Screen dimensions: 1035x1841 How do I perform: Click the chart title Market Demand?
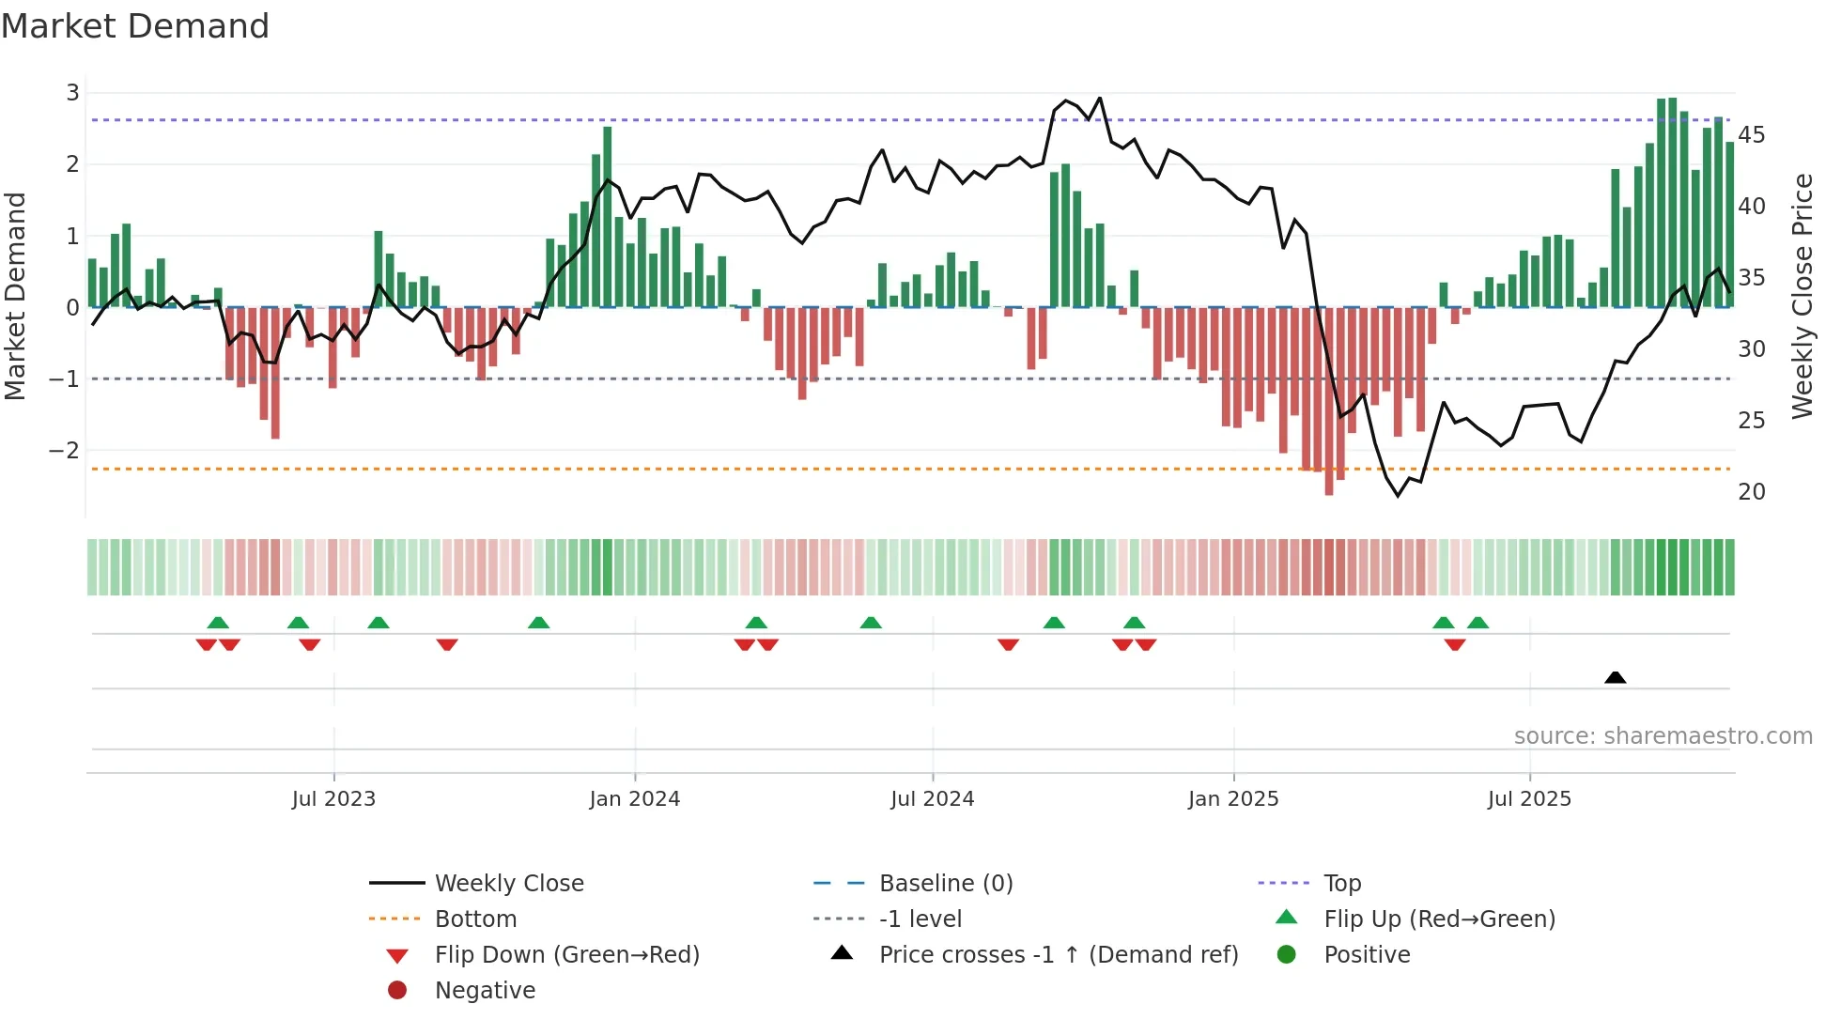click(135, 26)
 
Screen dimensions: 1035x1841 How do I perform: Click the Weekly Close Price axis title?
click(1802, 296)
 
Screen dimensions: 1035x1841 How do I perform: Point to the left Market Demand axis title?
click(16, 296)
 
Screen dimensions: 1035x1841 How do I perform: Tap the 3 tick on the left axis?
click(72, 93)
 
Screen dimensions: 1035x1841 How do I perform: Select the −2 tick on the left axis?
click(65, 450)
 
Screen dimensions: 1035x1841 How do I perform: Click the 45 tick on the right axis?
click(1751, 135)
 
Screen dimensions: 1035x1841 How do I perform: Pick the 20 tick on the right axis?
click(1751, 492)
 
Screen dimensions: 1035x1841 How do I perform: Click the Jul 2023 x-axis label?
click(333, 799)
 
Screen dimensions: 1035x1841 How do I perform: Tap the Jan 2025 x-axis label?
click(1232, 799)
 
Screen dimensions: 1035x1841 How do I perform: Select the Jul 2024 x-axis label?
click(932, 799)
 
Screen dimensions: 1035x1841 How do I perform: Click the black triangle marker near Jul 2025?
click(1615, 678)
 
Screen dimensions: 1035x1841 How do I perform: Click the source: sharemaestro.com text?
click(1663, 736)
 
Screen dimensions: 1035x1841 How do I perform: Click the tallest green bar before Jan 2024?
click(608, 216)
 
